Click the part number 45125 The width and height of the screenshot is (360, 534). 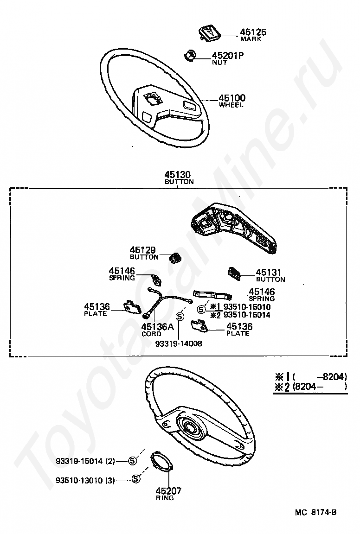[x=253, y=32]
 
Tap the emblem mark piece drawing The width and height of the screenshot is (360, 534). [x=209, y=33]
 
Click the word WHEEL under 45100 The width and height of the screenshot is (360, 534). [x=231, y=105]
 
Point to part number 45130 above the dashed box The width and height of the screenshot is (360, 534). [x=178, y=175]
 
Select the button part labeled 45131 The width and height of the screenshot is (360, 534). [x=234, y=273]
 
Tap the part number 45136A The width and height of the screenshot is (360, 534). [x=158, y=327]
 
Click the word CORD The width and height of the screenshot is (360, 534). [x=151, y=334]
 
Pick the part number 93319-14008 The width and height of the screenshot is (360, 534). [x=179, y=344]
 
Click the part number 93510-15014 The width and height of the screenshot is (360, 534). [x=247, y=315]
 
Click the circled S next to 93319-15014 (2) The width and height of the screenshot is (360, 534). [x=132, y=461]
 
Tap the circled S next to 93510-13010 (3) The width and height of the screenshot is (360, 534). [x=135, y=479]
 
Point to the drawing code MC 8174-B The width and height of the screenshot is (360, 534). [x=315, y=512]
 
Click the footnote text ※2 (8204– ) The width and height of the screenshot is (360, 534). [x=310, y=387]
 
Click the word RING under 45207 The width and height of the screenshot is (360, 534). [x=165, y=498]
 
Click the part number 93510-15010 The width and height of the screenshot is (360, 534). [x=247, y=306]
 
